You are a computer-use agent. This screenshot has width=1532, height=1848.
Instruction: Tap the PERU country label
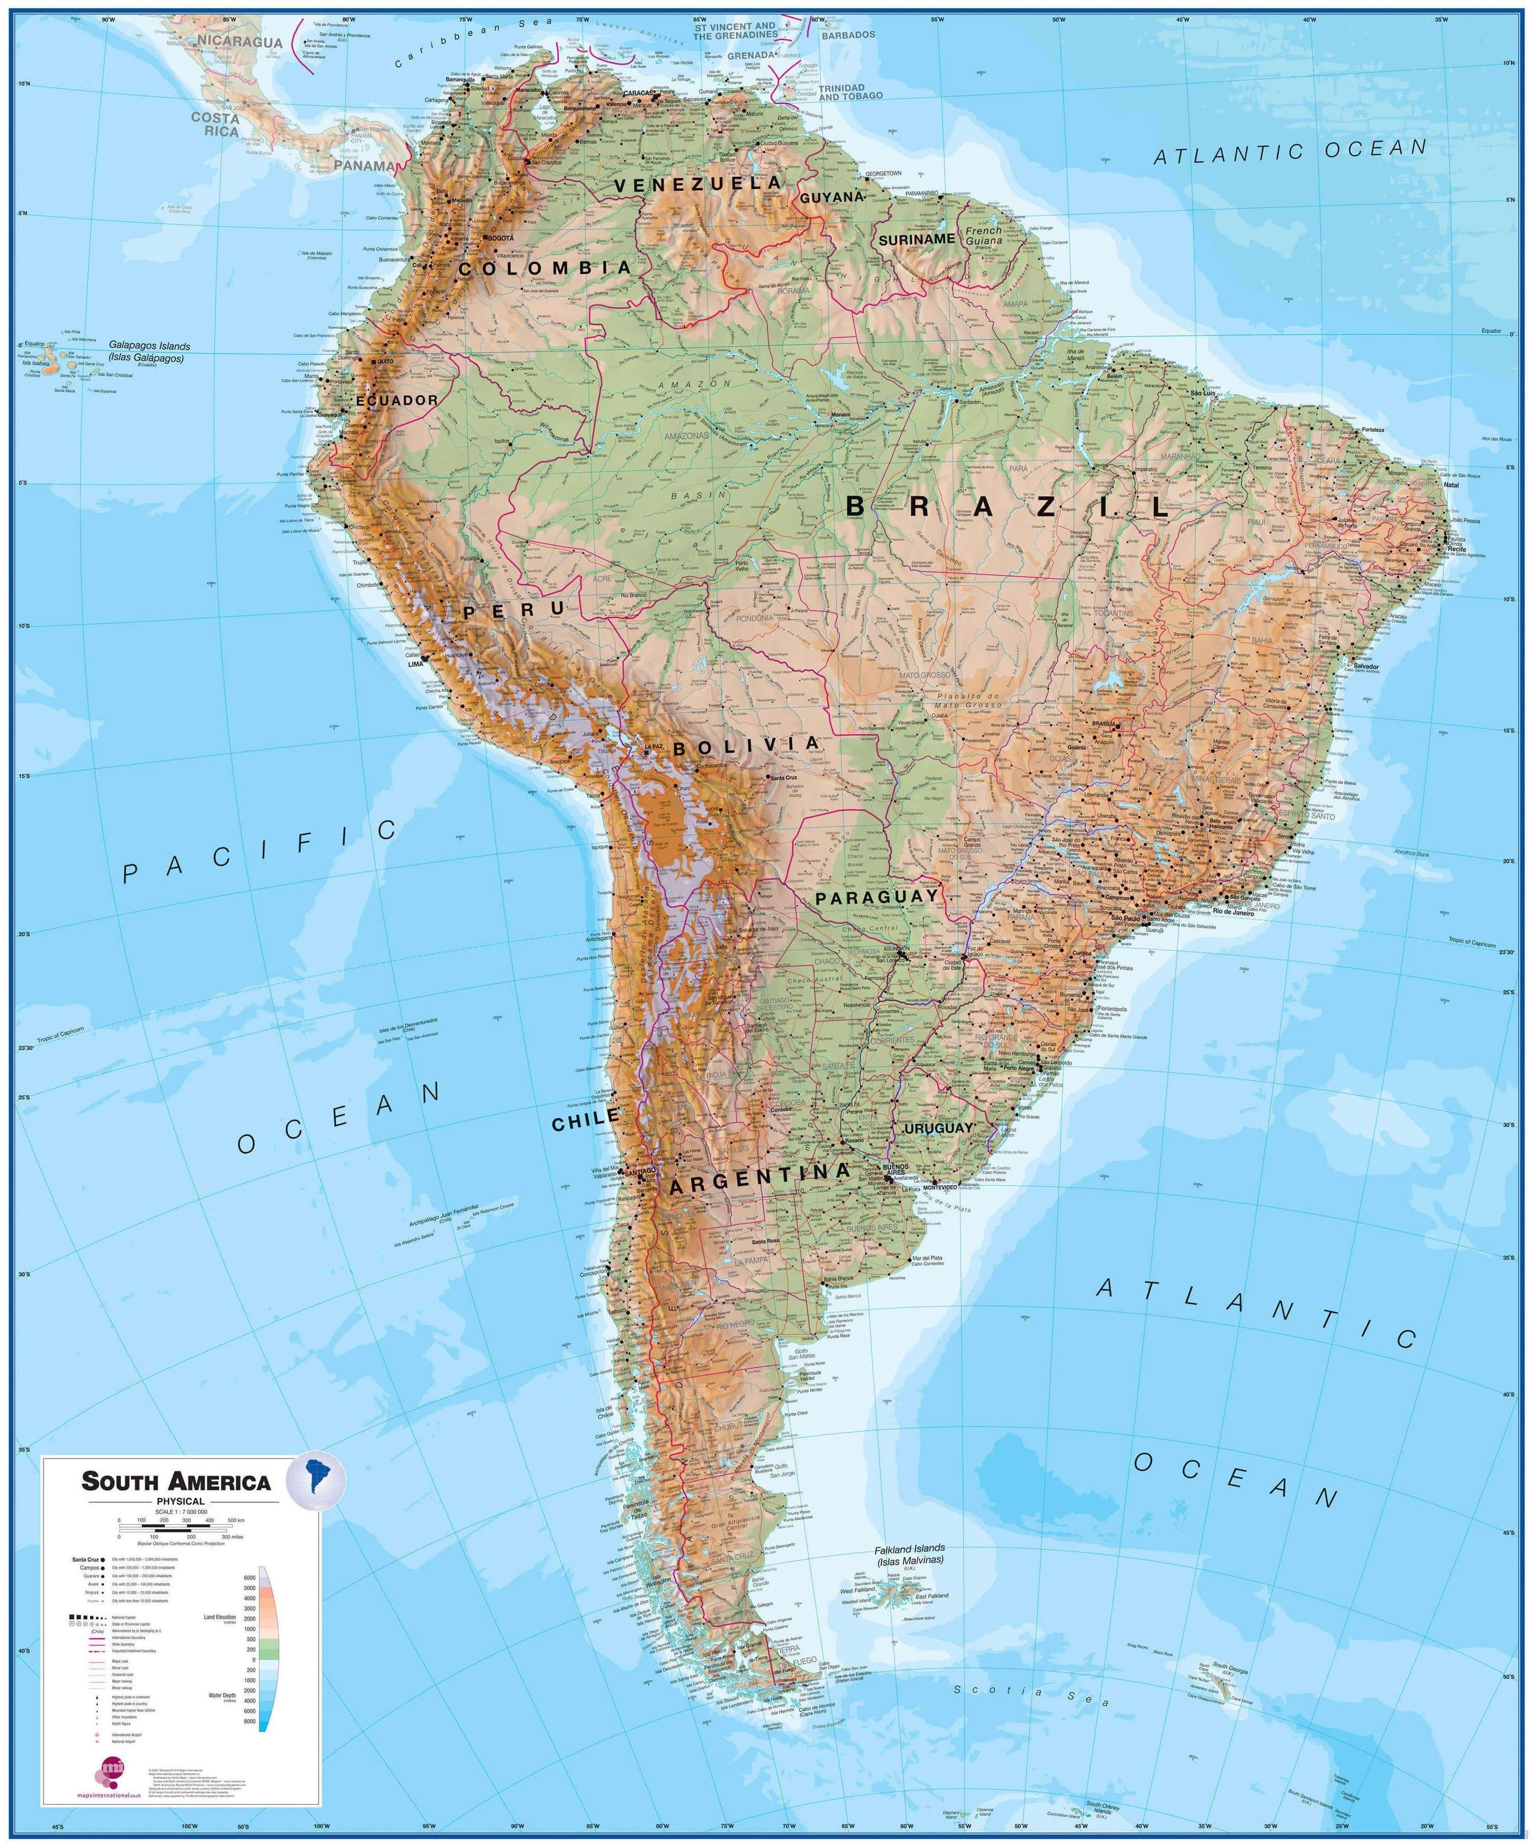tap(514, 610)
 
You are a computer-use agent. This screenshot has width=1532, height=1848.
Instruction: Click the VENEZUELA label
tap(698, 184)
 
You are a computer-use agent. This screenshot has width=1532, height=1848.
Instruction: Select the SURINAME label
tap(916, 239)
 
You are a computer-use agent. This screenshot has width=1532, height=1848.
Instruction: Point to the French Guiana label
tap(984, 236)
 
